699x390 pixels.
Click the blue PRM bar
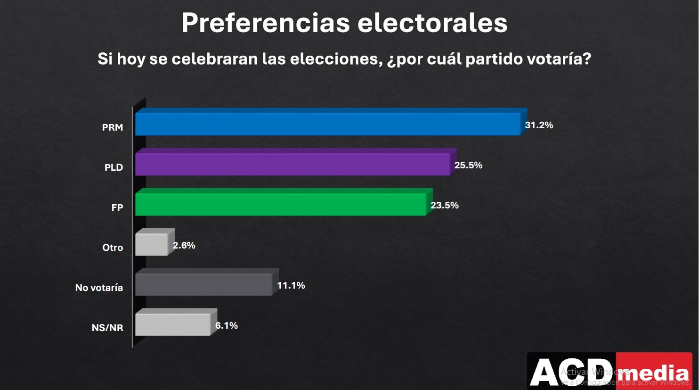328,124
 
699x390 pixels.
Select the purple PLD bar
293,164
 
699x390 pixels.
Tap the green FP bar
281,204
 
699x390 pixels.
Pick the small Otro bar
152,244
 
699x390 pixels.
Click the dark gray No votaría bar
204,284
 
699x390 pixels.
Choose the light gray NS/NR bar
173,324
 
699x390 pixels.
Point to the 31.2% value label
539,125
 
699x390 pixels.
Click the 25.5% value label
468,165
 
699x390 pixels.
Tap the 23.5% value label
444,205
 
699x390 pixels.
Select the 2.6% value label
184,245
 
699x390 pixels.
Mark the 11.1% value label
291,285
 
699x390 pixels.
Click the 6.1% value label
226,325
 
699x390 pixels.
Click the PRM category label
113,127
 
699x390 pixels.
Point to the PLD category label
114,167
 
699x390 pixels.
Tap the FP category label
117,207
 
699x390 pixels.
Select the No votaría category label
99,288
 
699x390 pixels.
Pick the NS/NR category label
107,328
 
